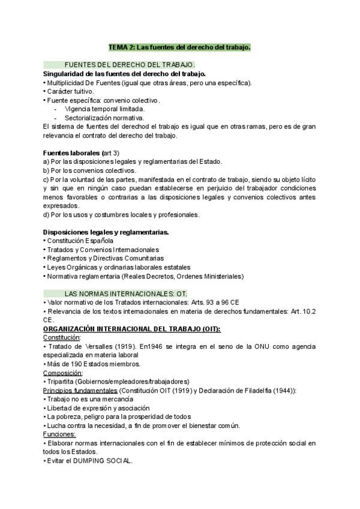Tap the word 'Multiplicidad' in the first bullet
(67, 82)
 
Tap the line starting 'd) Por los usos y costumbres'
(121, 214)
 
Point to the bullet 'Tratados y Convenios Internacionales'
(103, 249)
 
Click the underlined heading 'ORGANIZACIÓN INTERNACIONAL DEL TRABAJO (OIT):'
(132, 329)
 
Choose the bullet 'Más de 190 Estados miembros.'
(93, 364)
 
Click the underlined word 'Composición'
(62, 373)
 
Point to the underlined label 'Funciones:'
(59, 434)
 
